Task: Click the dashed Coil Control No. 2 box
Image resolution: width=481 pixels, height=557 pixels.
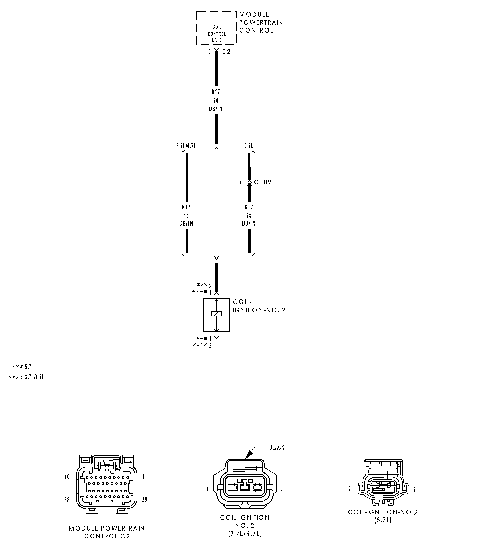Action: click(216, 28)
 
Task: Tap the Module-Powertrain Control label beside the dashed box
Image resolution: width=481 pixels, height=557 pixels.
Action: click(261, 22)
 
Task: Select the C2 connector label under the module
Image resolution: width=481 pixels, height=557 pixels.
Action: click(226, 52)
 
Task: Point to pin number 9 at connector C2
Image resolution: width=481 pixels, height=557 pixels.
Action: click(209, 52)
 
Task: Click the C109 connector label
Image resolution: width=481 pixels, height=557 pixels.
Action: click(263, 182)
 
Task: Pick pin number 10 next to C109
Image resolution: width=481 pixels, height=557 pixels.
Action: click(240, 182)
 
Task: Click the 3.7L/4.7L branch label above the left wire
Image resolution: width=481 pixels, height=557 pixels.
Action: click(186, 146)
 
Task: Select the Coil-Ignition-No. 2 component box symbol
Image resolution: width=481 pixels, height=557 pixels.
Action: click(216, 315)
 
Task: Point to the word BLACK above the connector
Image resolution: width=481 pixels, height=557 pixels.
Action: click(277, 447)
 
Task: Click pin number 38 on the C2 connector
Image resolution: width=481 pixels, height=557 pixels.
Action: click(67, 500)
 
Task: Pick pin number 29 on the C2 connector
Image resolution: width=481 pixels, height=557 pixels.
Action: click(144, 499)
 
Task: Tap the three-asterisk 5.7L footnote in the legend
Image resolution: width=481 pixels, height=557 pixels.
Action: click(23, 367)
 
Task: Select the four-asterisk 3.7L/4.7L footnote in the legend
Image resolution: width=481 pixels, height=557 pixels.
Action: click(26, 377)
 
